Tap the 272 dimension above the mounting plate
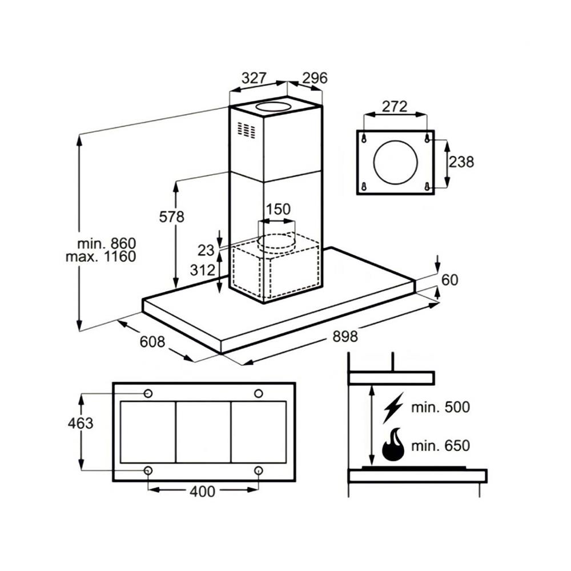coord(395,106)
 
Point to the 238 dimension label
coord(461,162)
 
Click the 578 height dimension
coord(171,217)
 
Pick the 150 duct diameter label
coord(278,209)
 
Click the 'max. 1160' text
coord(101,257)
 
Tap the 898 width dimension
coord(345,336)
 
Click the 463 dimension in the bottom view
coord(80,423)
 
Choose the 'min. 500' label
coord(440,407)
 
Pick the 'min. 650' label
coord(440,446)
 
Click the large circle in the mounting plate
coord(395,162)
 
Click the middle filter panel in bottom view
coord(203,432)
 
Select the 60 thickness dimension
coord(450,280)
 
